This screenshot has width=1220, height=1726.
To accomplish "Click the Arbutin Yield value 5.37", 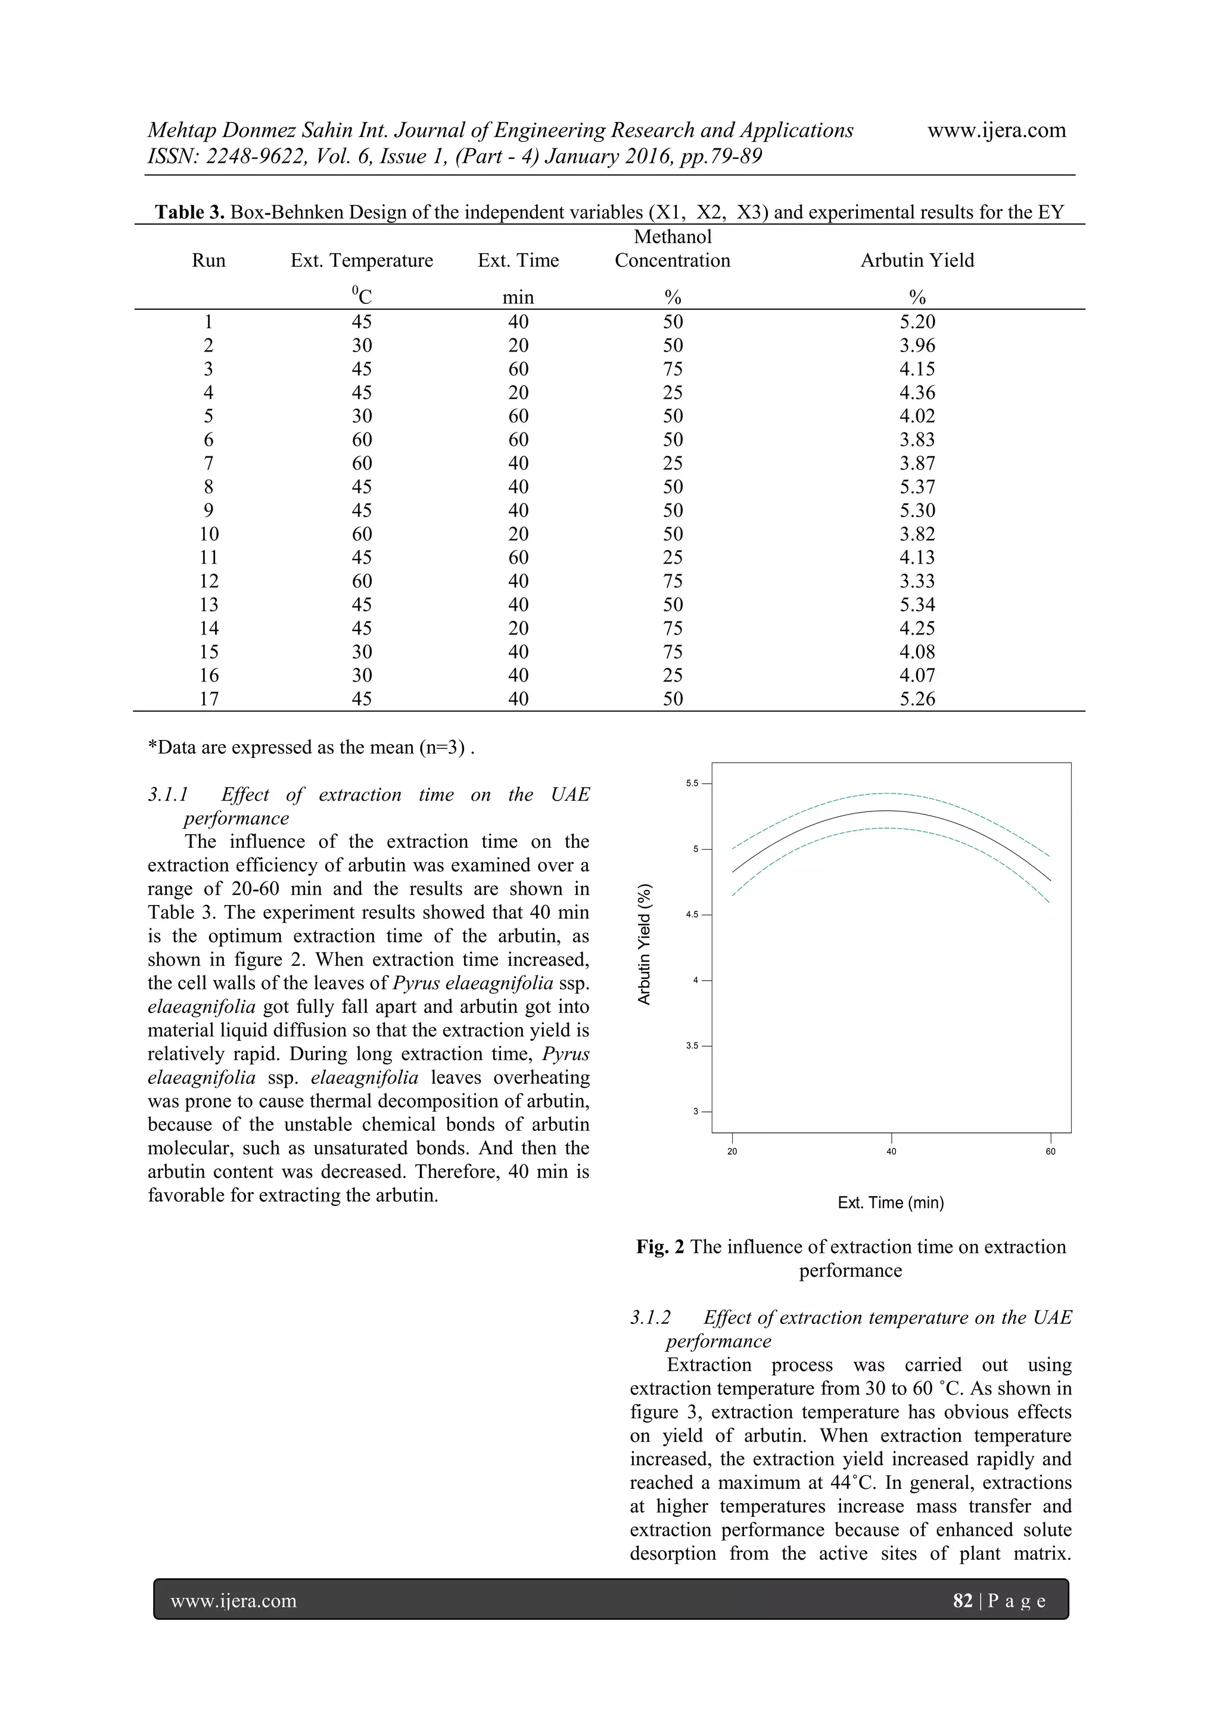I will pos(916,486).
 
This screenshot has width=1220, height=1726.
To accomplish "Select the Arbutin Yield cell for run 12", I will pos(916,581).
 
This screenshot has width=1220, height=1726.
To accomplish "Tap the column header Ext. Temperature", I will pos(362,260).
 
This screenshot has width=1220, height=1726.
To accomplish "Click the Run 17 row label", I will pos(208,699).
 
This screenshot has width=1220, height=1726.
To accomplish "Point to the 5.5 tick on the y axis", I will pos(692,783).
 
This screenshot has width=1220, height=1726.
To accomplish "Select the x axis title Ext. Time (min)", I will pos(890,1203).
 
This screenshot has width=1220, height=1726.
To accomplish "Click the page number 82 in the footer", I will pos(962,1600).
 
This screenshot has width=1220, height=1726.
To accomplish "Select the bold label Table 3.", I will pos(189,212).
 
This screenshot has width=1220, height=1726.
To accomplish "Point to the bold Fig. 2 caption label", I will pos(660,1247).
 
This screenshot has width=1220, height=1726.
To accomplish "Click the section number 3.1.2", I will pos(651,1318).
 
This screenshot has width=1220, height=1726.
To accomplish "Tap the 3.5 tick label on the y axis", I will pos(692,1046).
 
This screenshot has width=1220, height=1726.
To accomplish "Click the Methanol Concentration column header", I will pos(672,249).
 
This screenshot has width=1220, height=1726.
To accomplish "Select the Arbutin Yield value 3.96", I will pos(916,345).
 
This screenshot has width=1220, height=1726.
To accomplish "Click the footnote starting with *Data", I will pos(311,747).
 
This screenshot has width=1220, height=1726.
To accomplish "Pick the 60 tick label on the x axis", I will pos(1050,1152).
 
